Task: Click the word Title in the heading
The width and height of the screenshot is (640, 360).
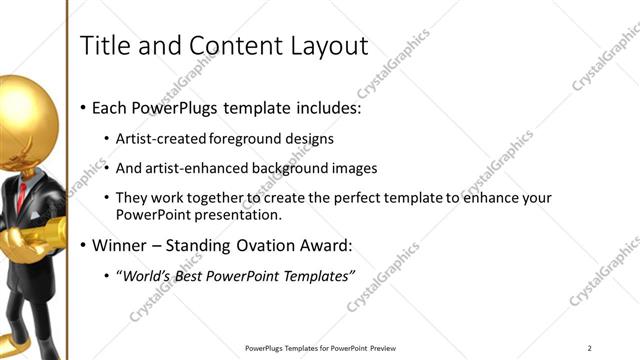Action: [x=103, y=46]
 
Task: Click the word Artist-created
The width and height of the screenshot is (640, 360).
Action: [x=161, y=138]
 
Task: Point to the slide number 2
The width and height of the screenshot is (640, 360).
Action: [x=590, y=348]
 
